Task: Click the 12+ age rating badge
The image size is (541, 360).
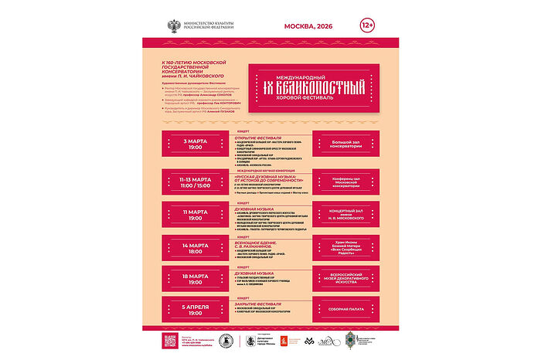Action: tap(369, 25)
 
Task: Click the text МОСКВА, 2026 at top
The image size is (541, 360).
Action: tap(310, 26)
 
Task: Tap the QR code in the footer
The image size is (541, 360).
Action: tap(172, 340)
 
